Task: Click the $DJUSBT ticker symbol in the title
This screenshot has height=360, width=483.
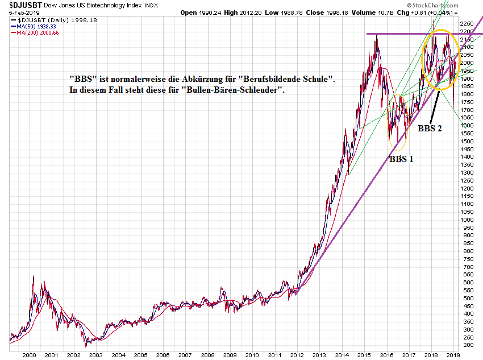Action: (x=21, y=5)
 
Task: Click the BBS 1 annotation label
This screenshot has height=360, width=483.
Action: (x=401, y=159)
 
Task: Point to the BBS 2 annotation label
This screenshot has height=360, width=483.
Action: (x=430, y=129)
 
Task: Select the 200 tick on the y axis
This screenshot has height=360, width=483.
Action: (x=467, y=345)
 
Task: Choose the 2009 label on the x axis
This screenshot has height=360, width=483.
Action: (x=228, y=354)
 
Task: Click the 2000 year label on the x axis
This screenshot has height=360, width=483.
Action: (x=29, y=354)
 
